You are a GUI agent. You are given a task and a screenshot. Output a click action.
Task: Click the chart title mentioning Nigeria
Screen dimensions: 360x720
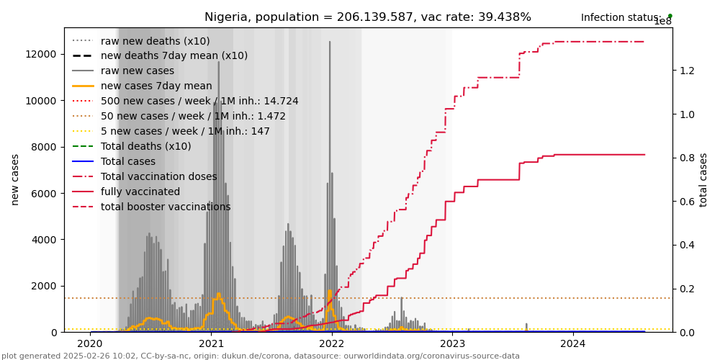click(x=367, y=17)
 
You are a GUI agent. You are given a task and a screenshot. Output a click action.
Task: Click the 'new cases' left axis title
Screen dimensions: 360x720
click(x=15, y=179)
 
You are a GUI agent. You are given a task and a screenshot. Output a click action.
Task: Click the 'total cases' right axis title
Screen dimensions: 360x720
click(x=704, y=179)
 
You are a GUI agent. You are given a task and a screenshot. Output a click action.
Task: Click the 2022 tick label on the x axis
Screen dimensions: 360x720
click(x=332, y=344)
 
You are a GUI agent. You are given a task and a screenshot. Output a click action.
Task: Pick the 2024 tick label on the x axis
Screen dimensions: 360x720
click(x=573, y=344)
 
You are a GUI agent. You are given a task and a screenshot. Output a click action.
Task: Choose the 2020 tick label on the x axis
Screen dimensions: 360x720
click(x=91, y=344)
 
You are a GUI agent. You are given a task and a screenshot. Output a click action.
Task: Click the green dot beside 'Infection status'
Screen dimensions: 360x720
click(x=670, y=16)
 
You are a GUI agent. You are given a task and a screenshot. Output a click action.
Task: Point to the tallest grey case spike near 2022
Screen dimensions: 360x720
click(x=330, y=43)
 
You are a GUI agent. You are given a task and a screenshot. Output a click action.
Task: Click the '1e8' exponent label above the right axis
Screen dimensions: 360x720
click(x=662, y=22)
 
